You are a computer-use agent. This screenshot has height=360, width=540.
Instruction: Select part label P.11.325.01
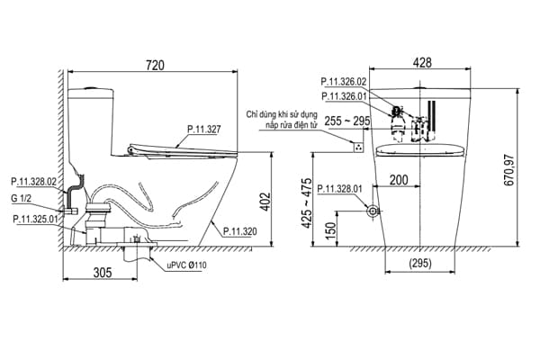point(38,218)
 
